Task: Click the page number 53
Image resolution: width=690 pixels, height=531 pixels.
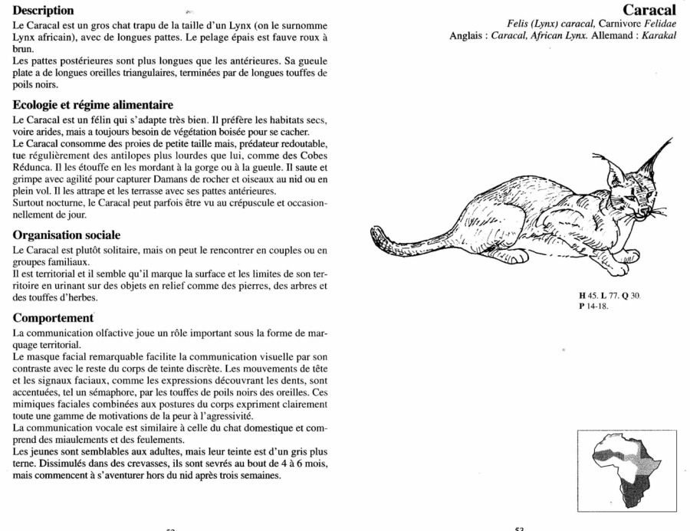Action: pos(519,527)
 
